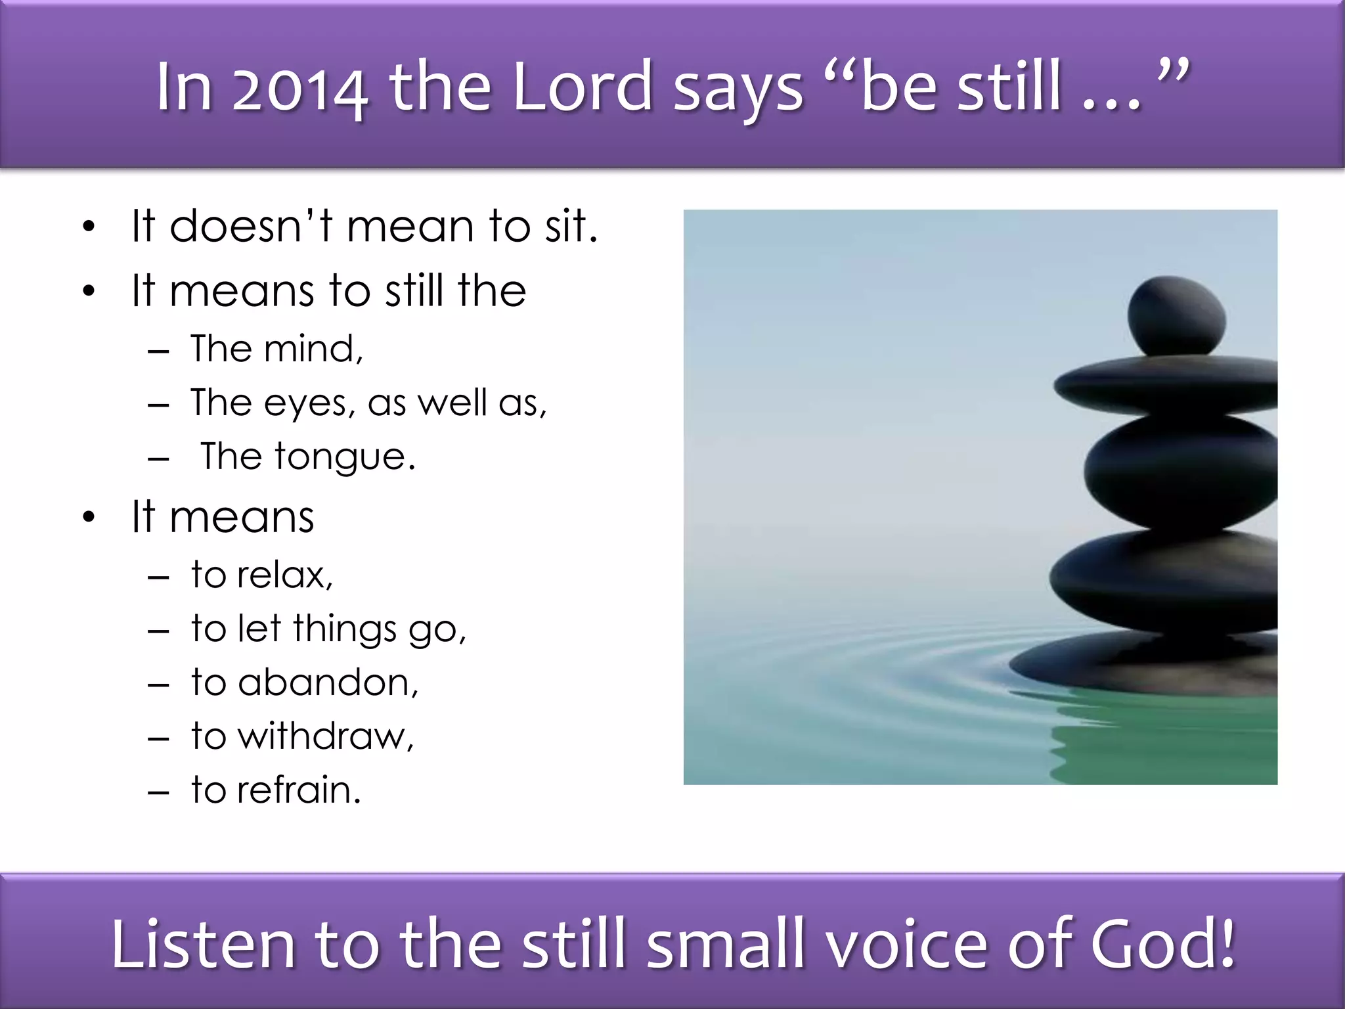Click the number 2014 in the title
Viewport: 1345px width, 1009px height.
coord(300,89)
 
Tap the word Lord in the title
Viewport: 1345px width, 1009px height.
coord(581,87)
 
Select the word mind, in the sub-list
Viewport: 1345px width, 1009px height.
coord(313,349)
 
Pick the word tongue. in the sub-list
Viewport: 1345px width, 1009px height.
coord(345,457)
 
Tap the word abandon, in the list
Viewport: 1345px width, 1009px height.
coord(328,683)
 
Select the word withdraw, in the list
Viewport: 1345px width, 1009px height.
coord(326,736)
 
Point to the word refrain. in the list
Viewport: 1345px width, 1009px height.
coord(299,790)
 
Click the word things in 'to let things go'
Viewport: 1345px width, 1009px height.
coord(345,629)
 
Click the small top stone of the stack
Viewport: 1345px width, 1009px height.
coord(1176,316)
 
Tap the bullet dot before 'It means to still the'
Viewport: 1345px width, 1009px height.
coord(89,291)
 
